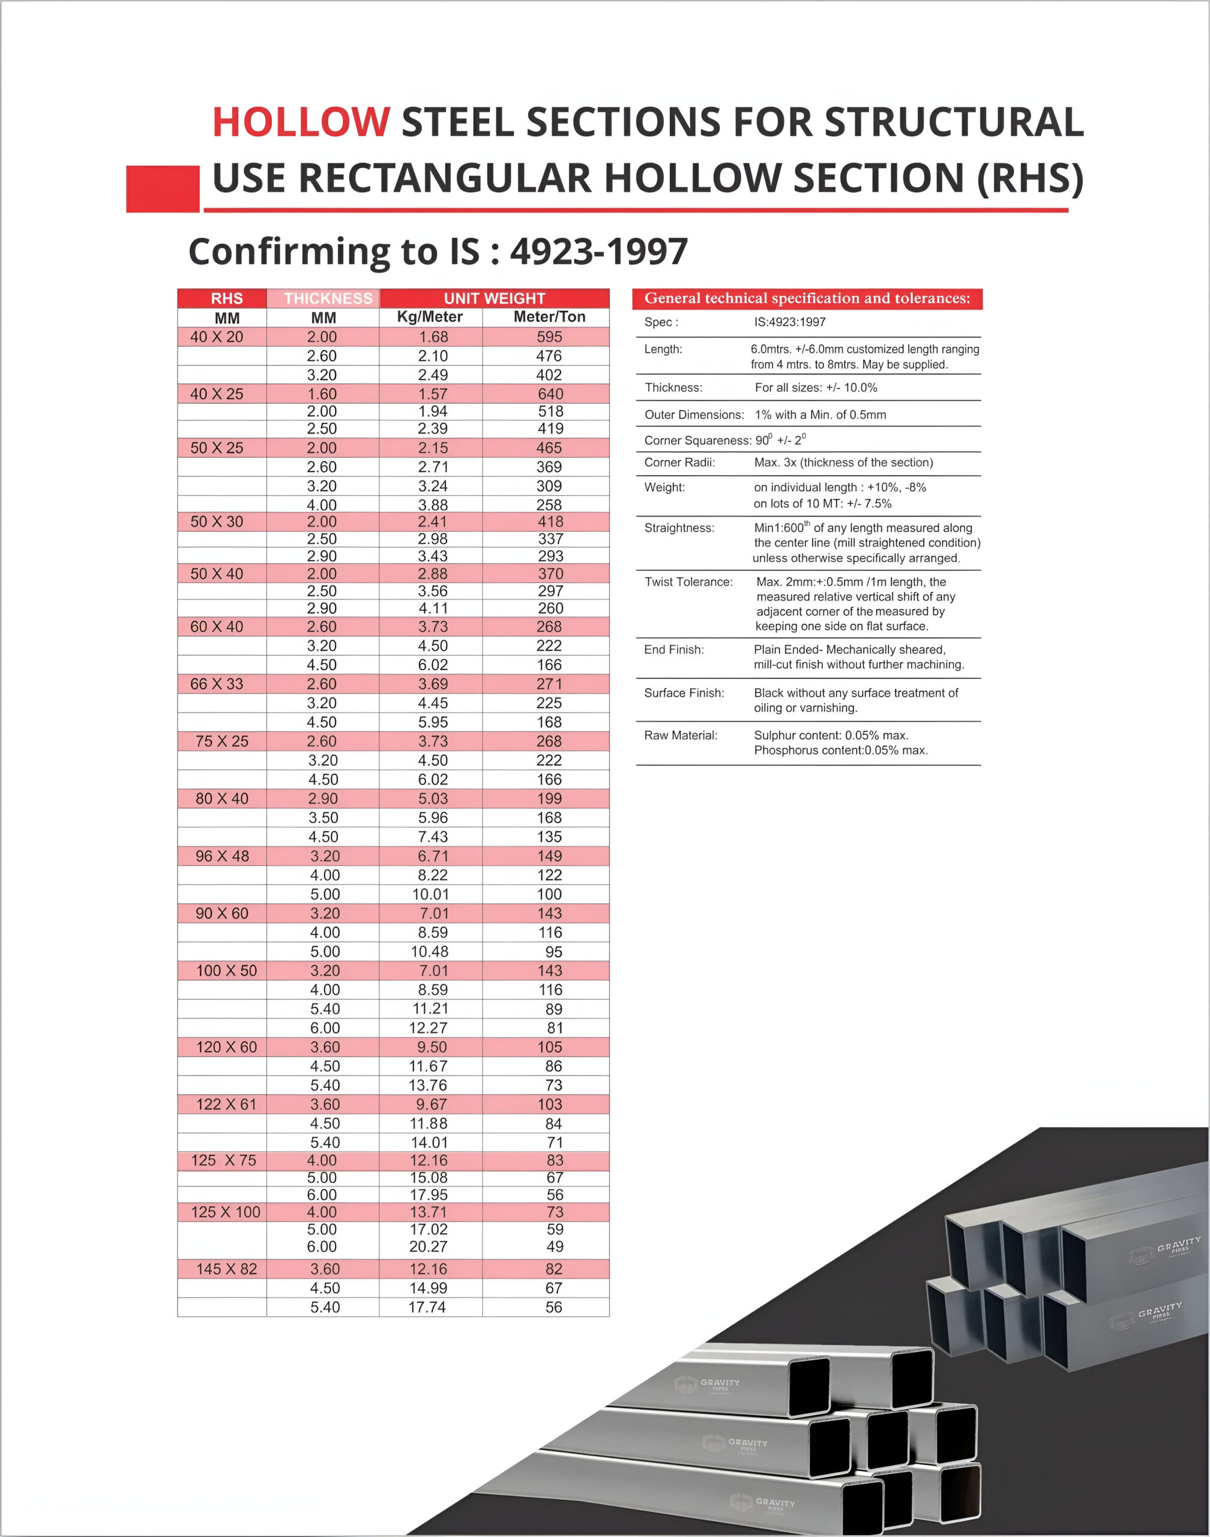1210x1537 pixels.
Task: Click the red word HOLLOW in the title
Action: click(300, 122)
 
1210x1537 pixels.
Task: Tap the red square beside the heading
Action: click(162, 189)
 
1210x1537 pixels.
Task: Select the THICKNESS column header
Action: click(328, 298)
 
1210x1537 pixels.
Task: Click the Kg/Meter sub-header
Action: click(429, 317)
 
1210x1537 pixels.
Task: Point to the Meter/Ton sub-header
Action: click(549, 317)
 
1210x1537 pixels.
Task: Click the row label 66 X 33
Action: click(217, 684)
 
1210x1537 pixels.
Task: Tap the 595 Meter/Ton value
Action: click(549, 337)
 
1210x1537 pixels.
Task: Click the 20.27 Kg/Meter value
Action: click(428, 1246)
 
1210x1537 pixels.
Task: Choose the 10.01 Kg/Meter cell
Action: click(430, 894)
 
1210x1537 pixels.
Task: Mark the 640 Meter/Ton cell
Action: click(550, 394)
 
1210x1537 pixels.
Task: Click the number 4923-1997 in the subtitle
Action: click(598, 252)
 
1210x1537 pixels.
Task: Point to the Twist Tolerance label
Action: click(688, 582)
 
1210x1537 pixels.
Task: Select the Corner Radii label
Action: click(679, 463)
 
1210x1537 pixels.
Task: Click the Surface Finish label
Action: click(684, 693)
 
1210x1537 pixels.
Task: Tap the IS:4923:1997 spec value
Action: click(789, 322)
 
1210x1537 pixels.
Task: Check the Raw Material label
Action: click(680, 735)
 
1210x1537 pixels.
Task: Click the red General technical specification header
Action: click(807, 298)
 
